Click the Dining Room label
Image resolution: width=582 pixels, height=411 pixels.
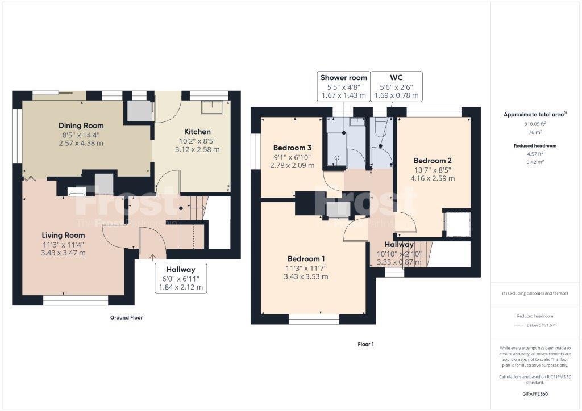click(x=81, y=125)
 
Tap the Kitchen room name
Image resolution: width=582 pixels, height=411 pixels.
click(x=197, y=131)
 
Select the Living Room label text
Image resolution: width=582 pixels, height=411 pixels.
click(x=63, y=235)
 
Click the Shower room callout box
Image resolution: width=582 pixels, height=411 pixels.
click(x=344, y=87)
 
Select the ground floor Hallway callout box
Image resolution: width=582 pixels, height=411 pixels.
click(x=181, y=278)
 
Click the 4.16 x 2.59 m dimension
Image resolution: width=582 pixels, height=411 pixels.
click(x=433, y=178)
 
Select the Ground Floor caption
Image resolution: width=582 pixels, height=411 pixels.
click(x=126, y=318)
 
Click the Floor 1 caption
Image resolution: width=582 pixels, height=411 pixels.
click(x=365, y=344)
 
